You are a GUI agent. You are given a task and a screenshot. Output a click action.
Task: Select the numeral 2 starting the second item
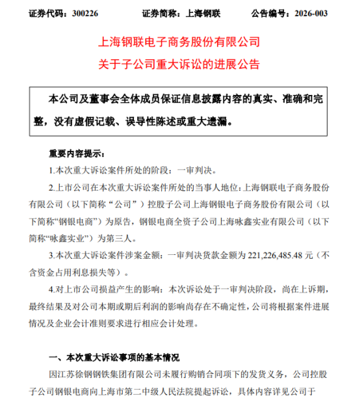tap(51, 186)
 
